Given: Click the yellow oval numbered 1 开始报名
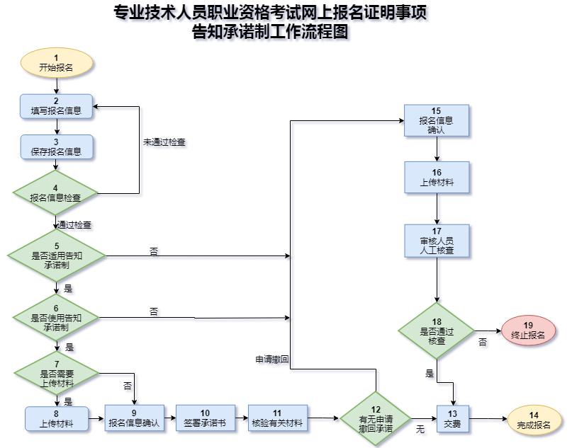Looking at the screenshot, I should tap(56, 63).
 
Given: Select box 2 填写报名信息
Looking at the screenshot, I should tap(56, 105).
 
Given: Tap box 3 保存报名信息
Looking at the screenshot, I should tap(56, 147).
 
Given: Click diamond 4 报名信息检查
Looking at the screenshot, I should tap(56, 193).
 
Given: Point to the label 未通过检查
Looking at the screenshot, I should tap(164, 142).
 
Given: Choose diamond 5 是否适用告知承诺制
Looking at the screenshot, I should tap(56, 253).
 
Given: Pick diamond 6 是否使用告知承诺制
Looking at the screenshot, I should tap(56, 318).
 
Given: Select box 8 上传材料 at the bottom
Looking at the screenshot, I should tap(56, 418).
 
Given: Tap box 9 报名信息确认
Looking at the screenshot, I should tap(134, 418).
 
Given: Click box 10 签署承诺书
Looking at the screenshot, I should tap(205, 418).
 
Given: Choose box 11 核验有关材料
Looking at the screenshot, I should tap(276, 418).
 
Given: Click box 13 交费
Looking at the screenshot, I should tap(452, 418).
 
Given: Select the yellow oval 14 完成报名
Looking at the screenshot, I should tap(533, 418).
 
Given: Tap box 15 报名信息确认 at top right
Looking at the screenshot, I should tap(436, 120).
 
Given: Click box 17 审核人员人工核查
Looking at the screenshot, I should tap(436, 241).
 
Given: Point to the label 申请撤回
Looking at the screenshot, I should tap(272, 360).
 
